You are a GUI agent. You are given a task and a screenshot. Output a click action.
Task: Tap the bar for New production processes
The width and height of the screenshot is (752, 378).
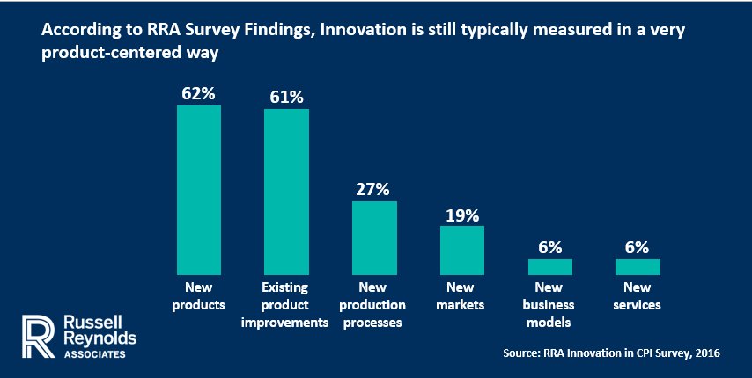374,238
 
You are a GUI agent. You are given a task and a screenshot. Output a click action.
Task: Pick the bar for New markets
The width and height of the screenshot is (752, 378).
462,251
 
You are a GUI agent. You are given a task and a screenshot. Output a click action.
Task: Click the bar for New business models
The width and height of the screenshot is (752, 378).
550,267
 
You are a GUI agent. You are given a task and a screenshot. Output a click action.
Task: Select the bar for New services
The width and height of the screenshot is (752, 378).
638,267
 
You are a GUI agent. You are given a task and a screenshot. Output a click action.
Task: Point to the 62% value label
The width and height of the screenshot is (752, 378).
199,92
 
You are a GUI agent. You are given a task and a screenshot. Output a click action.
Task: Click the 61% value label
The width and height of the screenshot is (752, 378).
287,95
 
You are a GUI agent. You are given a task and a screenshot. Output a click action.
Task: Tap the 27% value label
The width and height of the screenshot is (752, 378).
374,188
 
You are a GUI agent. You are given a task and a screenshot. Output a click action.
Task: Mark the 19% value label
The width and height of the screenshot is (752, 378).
462,214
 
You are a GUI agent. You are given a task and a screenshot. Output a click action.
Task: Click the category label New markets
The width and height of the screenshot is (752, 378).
462,295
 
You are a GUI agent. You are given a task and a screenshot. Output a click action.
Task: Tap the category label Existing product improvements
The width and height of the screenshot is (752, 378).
287,305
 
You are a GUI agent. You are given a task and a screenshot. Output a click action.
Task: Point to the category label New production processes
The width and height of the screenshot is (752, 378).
374,305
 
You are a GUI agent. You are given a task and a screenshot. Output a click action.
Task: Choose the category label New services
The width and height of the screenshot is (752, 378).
638,295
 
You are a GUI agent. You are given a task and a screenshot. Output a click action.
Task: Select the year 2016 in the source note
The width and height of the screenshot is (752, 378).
707,353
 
